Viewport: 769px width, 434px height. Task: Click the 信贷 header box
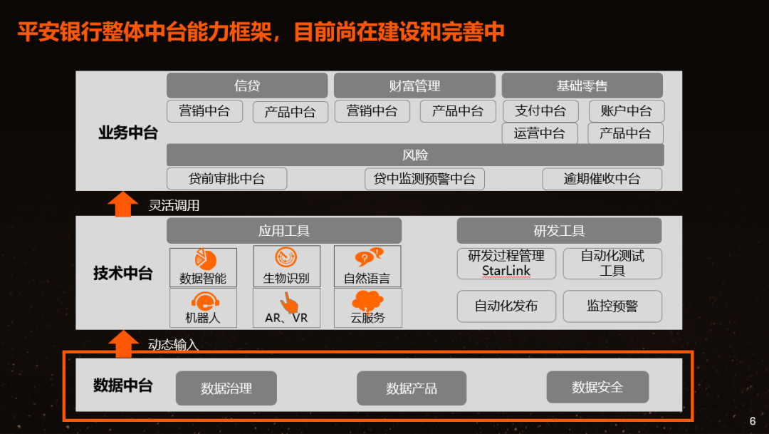coord(247,86)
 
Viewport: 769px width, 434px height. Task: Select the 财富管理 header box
coord(414,86)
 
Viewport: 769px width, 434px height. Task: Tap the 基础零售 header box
coord(582,86)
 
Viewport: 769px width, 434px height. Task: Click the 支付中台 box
coord(540,111)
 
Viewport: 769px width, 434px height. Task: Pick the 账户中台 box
coord(626,111)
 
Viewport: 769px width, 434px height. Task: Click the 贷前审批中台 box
coord(226,179)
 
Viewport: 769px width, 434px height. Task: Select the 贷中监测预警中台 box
coord(424,179)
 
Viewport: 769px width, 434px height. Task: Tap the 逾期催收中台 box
coord(602,179)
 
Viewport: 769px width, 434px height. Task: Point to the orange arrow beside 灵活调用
coord(122,204)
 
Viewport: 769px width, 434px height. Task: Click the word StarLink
coord(506,271)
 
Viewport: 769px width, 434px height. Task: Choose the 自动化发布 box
coord(506,306)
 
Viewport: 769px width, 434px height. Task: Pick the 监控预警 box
coord(612,306)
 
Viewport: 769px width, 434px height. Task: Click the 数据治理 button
coord(226,388)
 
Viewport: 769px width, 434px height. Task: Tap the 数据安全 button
coord(597,387)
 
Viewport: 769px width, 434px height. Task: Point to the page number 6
coord(753,420)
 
